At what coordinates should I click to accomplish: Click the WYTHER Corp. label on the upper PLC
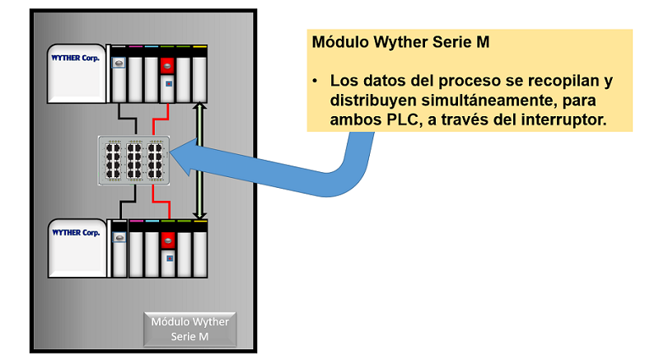(x=76, y=58)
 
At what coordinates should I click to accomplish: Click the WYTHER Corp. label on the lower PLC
(x=76, y=232)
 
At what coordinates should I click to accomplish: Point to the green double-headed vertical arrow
(x=198, y=161)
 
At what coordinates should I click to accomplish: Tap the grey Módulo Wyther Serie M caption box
(x=190, y=329)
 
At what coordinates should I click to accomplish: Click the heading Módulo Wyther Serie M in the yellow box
(x=401, y=43)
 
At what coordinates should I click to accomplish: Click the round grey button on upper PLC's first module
(x=118, y=63)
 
